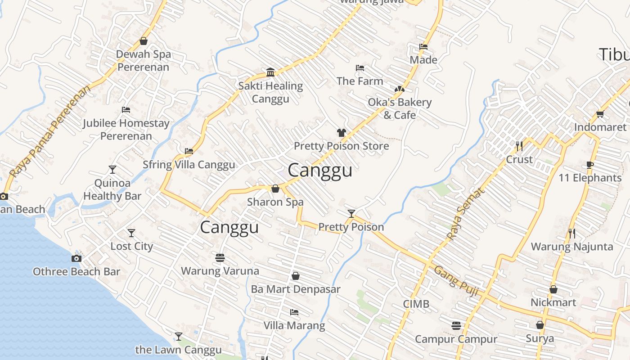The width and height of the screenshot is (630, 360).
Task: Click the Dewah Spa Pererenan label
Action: click(x=144, y=61)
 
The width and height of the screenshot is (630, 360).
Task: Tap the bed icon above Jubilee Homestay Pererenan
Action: click(x=126, y=110)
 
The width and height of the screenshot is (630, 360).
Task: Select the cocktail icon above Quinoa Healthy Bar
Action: click(x=112, y=170)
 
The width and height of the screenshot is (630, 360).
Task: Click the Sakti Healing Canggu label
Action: click(x=270, y=92)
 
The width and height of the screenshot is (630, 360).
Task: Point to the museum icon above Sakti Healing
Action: click(x=270, y=72)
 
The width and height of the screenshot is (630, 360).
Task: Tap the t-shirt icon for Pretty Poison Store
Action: click(x=342, y=133)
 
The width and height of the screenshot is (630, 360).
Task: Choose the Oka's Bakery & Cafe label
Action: click(x=400, y=108)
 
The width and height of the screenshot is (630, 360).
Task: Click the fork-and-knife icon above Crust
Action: click(x=519, y=146)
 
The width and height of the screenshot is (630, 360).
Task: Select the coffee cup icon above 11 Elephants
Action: click(x=590, y=165)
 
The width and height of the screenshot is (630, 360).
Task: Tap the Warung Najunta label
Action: click(x=572, y=247)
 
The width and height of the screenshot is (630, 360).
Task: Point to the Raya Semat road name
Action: click(x=466, y=213)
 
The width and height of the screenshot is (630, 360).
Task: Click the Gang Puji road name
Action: click(x=456, y=280)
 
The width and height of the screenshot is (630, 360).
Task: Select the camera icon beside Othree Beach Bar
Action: click(x=76, y=258)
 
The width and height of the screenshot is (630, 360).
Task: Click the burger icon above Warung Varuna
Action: click(x=220, y=258)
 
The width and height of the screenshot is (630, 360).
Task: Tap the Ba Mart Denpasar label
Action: click(x=296, y=289)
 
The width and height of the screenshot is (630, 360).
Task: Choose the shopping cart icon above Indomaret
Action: click(x=600, y=114)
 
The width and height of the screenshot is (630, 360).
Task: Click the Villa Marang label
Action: click(x=294, y=325)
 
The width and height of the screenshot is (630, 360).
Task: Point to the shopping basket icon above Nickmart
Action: click(x=553, y=289)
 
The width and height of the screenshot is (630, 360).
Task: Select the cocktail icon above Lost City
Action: click(x=131, y=233)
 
